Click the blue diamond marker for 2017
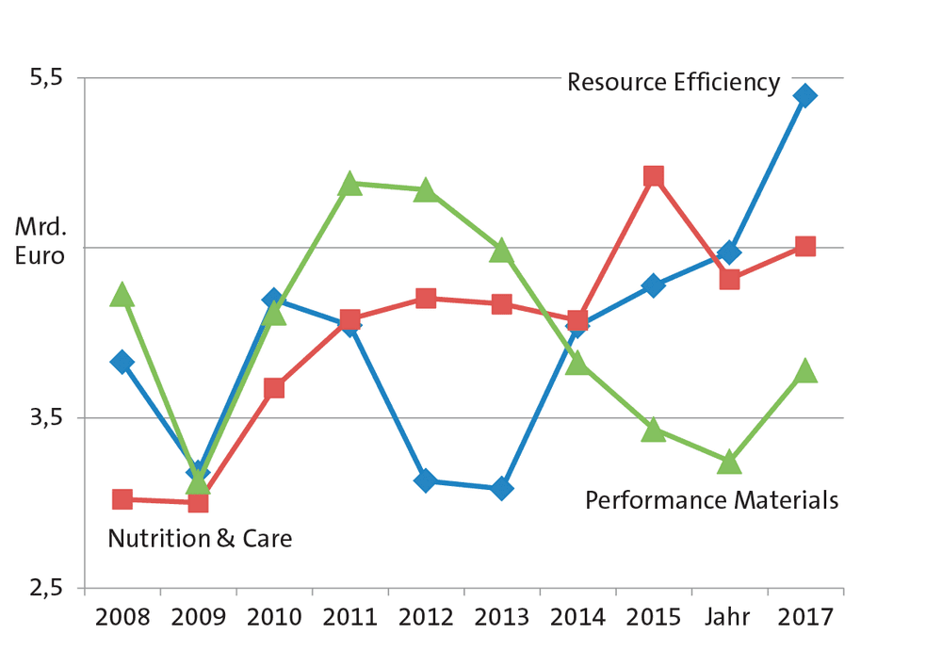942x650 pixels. point(805,95)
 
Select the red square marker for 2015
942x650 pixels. point(654,176)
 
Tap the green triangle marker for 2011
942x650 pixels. point(349,184)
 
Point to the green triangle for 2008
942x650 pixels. point(122,294)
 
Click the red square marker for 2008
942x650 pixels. point(122,498)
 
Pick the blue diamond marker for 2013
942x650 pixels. point(502,488)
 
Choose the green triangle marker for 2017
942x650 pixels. point(805,370)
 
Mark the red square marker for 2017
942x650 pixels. point(805,246)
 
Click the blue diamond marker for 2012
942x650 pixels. point(426,480)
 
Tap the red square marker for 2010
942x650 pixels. point(274,388)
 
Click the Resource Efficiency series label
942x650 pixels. point(674,82)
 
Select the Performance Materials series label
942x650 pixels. point(712,500)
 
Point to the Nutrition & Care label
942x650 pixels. point(200,538)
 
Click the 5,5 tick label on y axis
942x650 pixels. point(46,77)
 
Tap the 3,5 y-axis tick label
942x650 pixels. point(46,417)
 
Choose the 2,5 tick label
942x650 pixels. point(46,587)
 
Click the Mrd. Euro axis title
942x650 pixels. point(41,241)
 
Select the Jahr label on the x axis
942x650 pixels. point(727,617)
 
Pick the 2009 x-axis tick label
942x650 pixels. point(198,618)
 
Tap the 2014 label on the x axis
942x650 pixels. point(578,618)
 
